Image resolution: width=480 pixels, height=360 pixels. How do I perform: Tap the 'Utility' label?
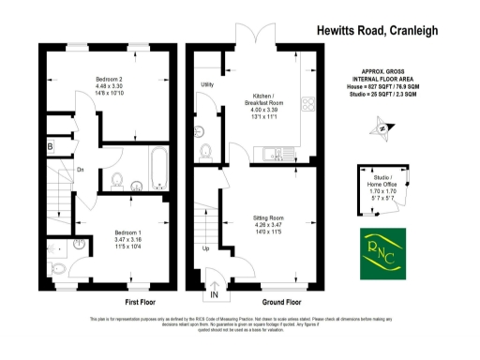[x=208, y=85]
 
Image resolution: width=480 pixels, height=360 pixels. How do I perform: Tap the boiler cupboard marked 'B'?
[x=50, y=147]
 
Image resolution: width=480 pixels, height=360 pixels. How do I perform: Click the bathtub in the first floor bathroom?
[x=157, y=168]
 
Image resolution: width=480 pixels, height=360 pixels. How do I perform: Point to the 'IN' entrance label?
[x=215, y=295]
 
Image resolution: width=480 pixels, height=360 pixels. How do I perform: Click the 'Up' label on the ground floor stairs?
[x=206, y=248]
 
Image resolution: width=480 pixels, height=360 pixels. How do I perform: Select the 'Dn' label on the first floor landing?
[x=81, y=169]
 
